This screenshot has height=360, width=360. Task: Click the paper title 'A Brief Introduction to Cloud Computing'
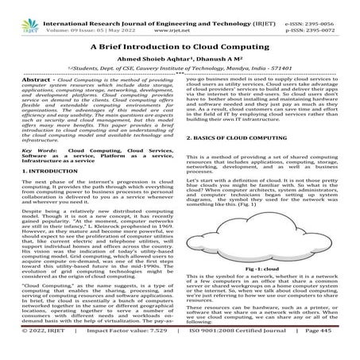(x=180, y=46)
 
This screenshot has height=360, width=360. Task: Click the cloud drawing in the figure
(x=258, y=260)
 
